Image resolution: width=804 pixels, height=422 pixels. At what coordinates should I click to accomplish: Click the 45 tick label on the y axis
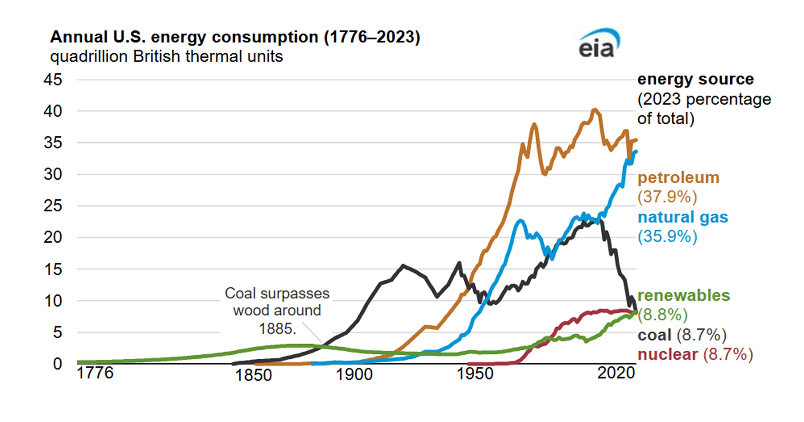pos(53,80)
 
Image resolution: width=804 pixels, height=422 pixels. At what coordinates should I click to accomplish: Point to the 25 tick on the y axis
pos(53,206)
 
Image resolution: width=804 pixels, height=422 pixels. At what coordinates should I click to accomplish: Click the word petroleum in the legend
pos(678,178)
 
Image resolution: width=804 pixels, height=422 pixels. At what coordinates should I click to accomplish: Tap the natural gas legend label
pos(683,217)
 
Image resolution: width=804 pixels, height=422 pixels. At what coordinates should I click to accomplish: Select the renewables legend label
pos(683,296)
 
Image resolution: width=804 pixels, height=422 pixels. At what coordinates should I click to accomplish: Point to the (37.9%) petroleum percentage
pos(667,197)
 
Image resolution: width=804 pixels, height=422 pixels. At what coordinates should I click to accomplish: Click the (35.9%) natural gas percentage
pos(667,236)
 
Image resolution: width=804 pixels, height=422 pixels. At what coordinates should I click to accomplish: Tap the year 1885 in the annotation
pos(277,329)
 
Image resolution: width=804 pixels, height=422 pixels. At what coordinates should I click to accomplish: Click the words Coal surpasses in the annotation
pos(277,294)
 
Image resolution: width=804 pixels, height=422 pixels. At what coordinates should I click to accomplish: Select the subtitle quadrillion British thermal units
pos(166,57)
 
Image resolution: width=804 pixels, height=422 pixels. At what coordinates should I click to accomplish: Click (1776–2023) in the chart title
pos(372,37)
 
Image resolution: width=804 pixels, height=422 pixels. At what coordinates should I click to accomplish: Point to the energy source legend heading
pos(695,79)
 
